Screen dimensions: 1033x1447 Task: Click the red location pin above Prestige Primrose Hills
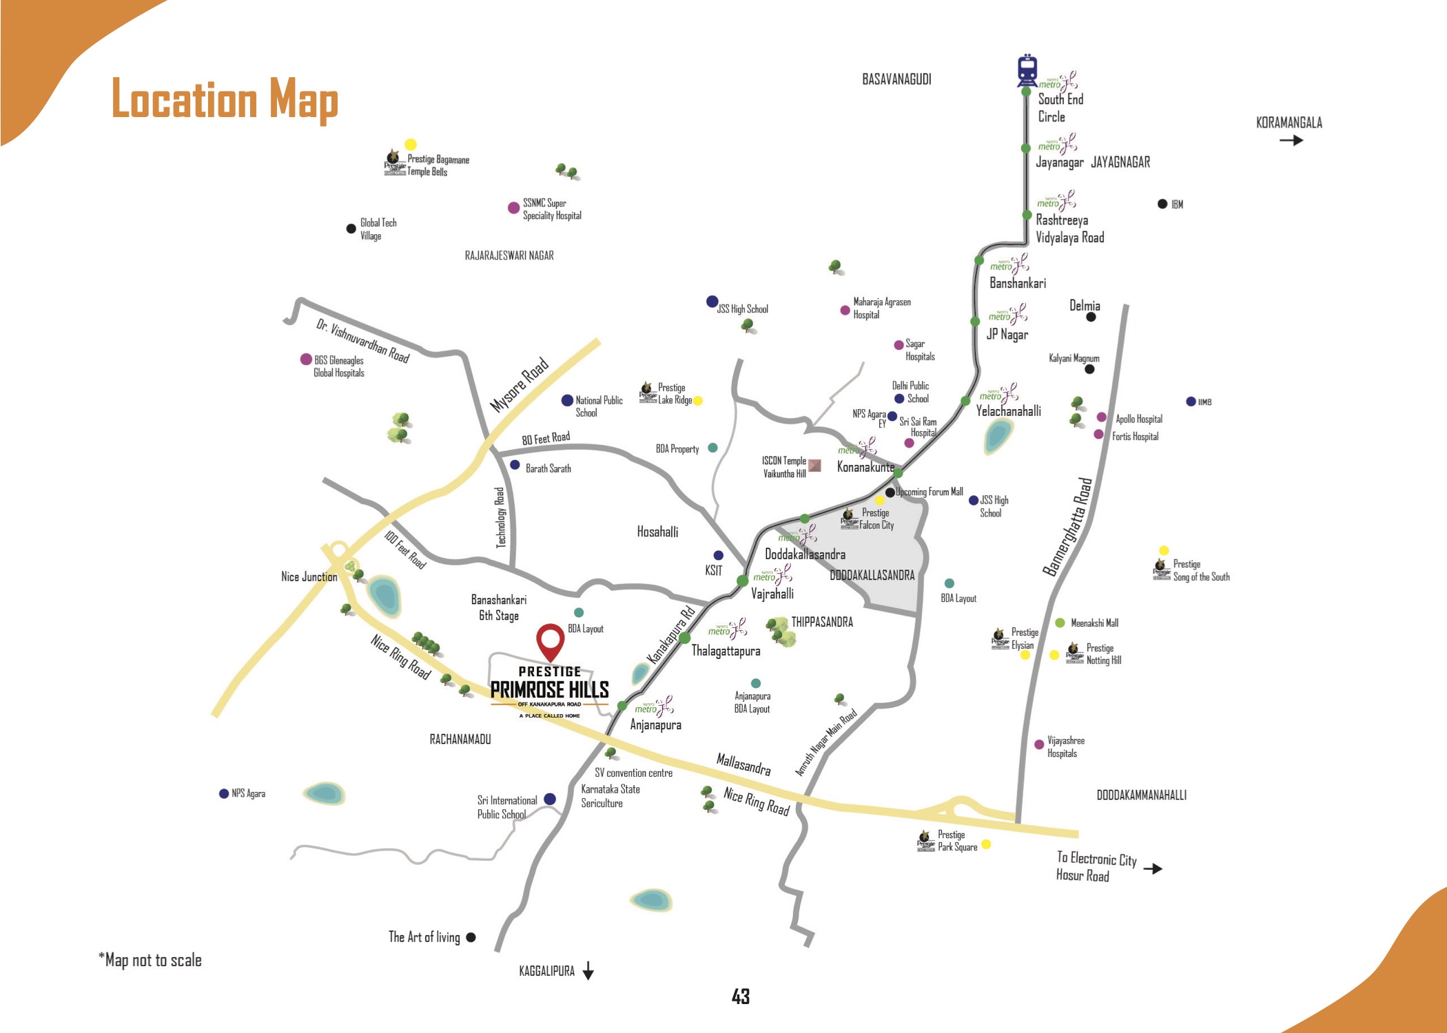click(550, 640)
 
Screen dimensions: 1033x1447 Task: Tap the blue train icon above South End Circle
click(1027, 70)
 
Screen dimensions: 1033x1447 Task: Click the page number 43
click(741, 997)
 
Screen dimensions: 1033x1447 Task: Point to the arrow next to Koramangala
click(1291, 140)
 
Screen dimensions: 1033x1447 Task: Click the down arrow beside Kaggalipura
click(588, 971)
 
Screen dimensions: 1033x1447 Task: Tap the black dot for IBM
click(1162, 204)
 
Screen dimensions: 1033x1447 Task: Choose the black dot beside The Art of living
click(471, 937)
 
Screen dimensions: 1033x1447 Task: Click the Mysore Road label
click(519, 385)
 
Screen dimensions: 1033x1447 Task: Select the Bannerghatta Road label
click(1067, 527)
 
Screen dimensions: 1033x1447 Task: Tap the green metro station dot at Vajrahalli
click(742, 581)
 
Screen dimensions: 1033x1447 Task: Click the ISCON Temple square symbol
click(814, 466)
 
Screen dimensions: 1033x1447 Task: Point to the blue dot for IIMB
click(1191, 401)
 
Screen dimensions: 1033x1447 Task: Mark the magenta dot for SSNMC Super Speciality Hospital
click(513, 208)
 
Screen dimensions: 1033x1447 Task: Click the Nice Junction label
click(309, 577)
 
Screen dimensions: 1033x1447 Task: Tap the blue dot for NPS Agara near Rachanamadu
click(223, 793)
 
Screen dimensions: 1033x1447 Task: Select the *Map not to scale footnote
click(150, 960)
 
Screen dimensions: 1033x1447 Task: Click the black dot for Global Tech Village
click(351, 229)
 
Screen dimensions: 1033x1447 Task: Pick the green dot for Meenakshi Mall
click(1060, 623)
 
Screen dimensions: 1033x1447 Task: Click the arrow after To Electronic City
click(1152, 869)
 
